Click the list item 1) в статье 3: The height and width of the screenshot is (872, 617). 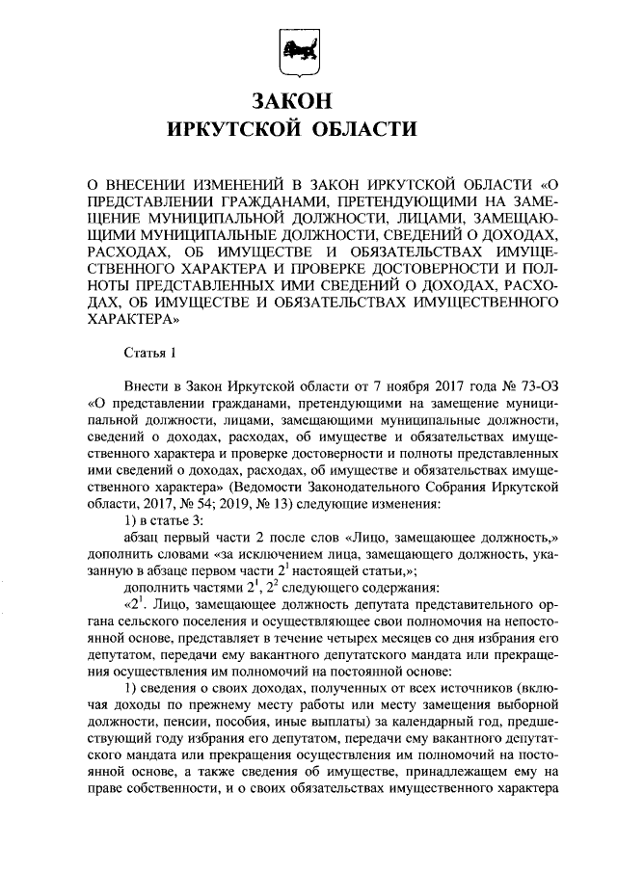coord(169,523)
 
